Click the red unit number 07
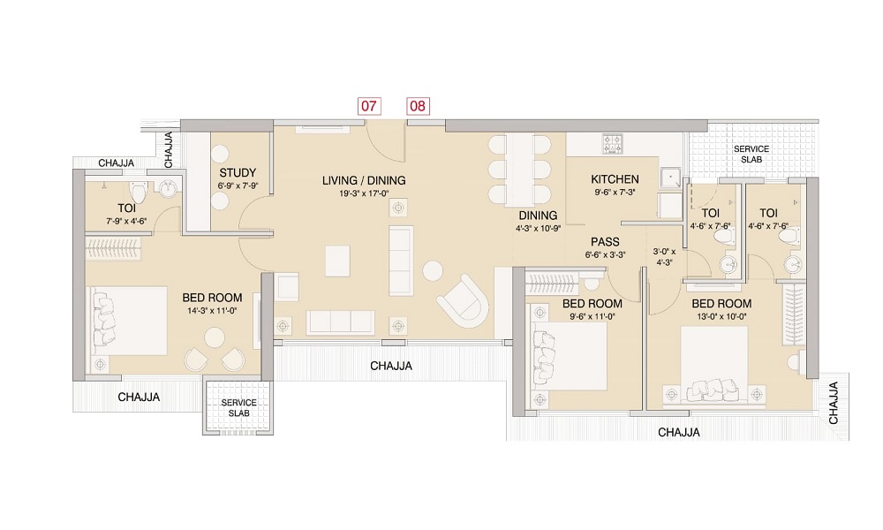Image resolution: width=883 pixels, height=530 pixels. click(x=369, y=106)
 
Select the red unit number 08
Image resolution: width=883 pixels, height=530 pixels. click(x=418, y=106)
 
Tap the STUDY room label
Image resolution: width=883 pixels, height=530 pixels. click(x=238, y=173)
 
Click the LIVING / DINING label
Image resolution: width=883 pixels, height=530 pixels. click(x=364, y=181)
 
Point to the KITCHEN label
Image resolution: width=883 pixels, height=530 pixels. click(x=615, y=179)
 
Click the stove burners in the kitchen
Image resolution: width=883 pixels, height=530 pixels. click(x=612, y=143)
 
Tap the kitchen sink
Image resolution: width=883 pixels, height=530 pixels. click(x=669, y=178)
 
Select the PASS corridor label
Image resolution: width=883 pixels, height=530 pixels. click(x=606, y=242)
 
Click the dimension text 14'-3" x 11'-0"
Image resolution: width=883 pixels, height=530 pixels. click(x=212, y=310)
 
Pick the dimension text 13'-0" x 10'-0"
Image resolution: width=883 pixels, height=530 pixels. click(x=721, y=316)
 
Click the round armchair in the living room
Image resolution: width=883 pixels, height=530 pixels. click(x=463, y=301)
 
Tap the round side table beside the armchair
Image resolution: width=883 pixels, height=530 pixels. click(x=433, y=271)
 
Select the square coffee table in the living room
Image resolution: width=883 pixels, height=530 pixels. click(x=337, y=261)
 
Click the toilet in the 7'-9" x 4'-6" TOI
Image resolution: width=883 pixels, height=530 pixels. click(x=138, y=192)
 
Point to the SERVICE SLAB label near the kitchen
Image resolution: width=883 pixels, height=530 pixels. click(x=751, y=154)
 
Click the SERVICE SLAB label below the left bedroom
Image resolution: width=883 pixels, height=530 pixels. click(x=238, y=408)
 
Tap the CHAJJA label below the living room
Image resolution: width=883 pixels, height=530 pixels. click(x=391, y=366)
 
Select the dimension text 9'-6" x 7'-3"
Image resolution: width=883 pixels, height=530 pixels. click(x=615, y=192)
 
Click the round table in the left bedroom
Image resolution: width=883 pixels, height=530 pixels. click(x=215, y=338)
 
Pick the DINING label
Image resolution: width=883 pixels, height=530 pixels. click(x=538, y=216)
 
